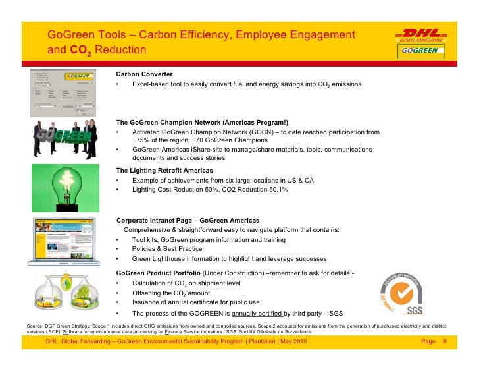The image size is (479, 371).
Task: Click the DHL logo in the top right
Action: (420, 34)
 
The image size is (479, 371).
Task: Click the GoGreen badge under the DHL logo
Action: (420, 51)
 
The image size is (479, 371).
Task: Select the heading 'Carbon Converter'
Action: (144, 74)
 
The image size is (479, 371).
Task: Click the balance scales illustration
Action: (66, 293)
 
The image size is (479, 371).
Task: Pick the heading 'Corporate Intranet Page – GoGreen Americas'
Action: (188, 220)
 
